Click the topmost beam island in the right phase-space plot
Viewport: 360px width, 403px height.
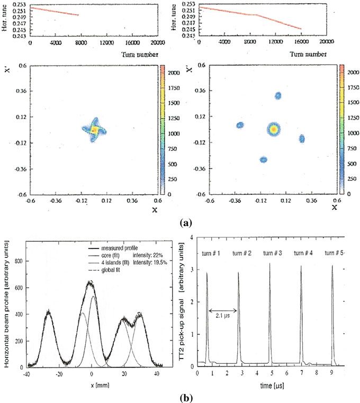tap(278, 96)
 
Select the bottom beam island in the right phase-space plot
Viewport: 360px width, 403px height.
tap(263, 159)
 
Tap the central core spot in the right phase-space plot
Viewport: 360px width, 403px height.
tap(274, 129)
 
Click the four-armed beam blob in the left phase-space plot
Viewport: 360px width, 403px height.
tap(94, 129)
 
